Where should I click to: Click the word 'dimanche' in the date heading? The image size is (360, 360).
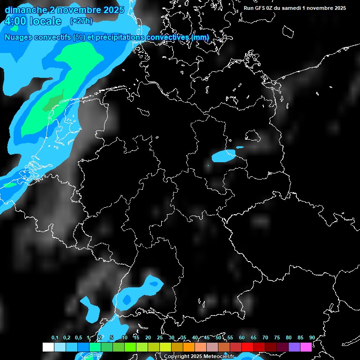22,10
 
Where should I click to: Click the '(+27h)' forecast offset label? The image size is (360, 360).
81,21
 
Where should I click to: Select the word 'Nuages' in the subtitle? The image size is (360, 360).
18,37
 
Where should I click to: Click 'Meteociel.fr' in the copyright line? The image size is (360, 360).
215,357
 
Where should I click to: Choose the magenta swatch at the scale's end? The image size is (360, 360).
306,347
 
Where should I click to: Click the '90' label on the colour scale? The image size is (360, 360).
312,338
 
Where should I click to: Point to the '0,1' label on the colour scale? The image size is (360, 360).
55,338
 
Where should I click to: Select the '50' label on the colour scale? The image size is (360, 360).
218,338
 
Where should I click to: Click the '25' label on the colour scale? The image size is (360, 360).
160,338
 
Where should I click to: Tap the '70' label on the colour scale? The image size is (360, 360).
265,338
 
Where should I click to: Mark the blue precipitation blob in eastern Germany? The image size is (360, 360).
223,156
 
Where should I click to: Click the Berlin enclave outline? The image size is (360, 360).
253,135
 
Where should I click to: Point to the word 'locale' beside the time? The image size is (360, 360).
45,21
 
